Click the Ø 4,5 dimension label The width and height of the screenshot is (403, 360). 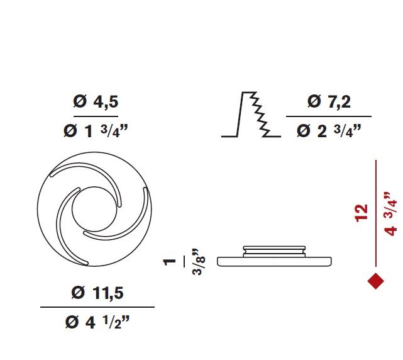(x=96, y=101)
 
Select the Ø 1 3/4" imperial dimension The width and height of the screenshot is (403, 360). (x=96, y=131)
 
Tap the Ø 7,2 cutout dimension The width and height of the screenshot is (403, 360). (x=329, y=101)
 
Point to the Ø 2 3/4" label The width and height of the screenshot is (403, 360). (x=329, y=131)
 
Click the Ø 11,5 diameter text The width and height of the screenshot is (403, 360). (x=97, y=293)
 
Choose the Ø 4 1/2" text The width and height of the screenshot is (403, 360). (x=97, y=322)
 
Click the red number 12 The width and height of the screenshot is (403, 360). (x=362, y=213)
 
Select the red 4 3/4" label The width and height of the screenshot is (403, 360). (x=390, y=214)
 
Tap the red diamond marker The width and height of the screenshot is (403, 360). (x=376, y=281)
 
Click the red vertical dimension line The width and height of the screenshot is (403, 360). (x=376, y=213)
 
